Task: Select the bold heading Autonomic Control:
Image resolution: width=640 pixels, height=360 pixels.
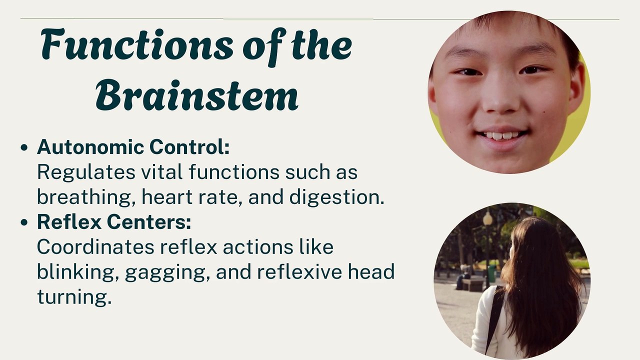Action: coord(133,147)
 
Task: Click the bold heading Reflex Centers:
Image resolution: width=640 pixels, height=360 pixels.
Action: coord(114,222)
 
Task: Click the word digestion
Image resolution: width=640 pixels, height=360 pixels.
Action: coord(336,197)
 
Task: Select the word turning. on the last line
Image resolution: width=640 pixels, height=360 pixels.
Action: coord(73,297)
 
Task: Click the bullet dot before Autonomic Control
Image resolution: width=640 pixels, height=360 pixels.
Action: coord(24,148)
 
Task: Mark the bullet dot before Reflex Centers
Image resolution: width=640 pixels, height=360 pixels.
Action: coord(24,223)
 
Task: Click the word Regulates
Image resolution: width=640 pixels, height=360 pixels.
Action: coord(86,172)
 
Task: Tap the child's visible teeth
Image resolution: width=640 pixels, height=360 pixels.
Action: coord(501,135)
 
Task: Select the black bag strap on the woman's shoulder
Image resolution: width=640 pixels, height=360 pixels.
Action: coord(494,315)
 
